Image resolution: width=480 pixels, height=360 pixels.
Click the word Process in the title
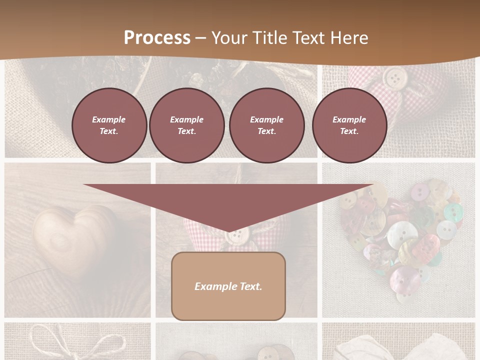(x=157, y=37)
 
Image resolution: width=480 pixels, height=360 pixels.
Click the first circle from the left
(x=109, y=125)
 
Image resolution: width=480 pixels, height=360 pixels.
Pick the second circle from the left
(x=186, y=125)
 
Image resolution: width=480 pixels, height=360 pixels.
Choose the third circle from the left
(x=266, y=125)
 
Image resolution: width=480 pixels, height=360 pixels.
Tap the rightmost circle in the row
(x=349, y=125)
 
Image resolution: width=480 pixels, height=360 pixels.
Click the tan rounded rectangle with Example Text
(x=228, y=286)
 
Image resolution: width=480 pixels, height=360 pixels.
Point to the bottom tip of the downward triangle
(x=229, y=231)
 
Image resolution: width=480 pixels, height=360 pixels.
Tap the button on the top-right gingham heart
(x=395, y=77)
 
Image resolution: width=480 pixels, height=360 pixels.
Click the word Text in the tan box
(x=249, y=286)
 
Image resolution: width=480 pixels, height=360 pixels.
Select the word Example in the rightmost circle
(x=349, y=119)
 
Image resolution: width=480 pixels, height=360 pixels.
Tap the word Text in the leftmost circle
(x=109, y=131)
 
